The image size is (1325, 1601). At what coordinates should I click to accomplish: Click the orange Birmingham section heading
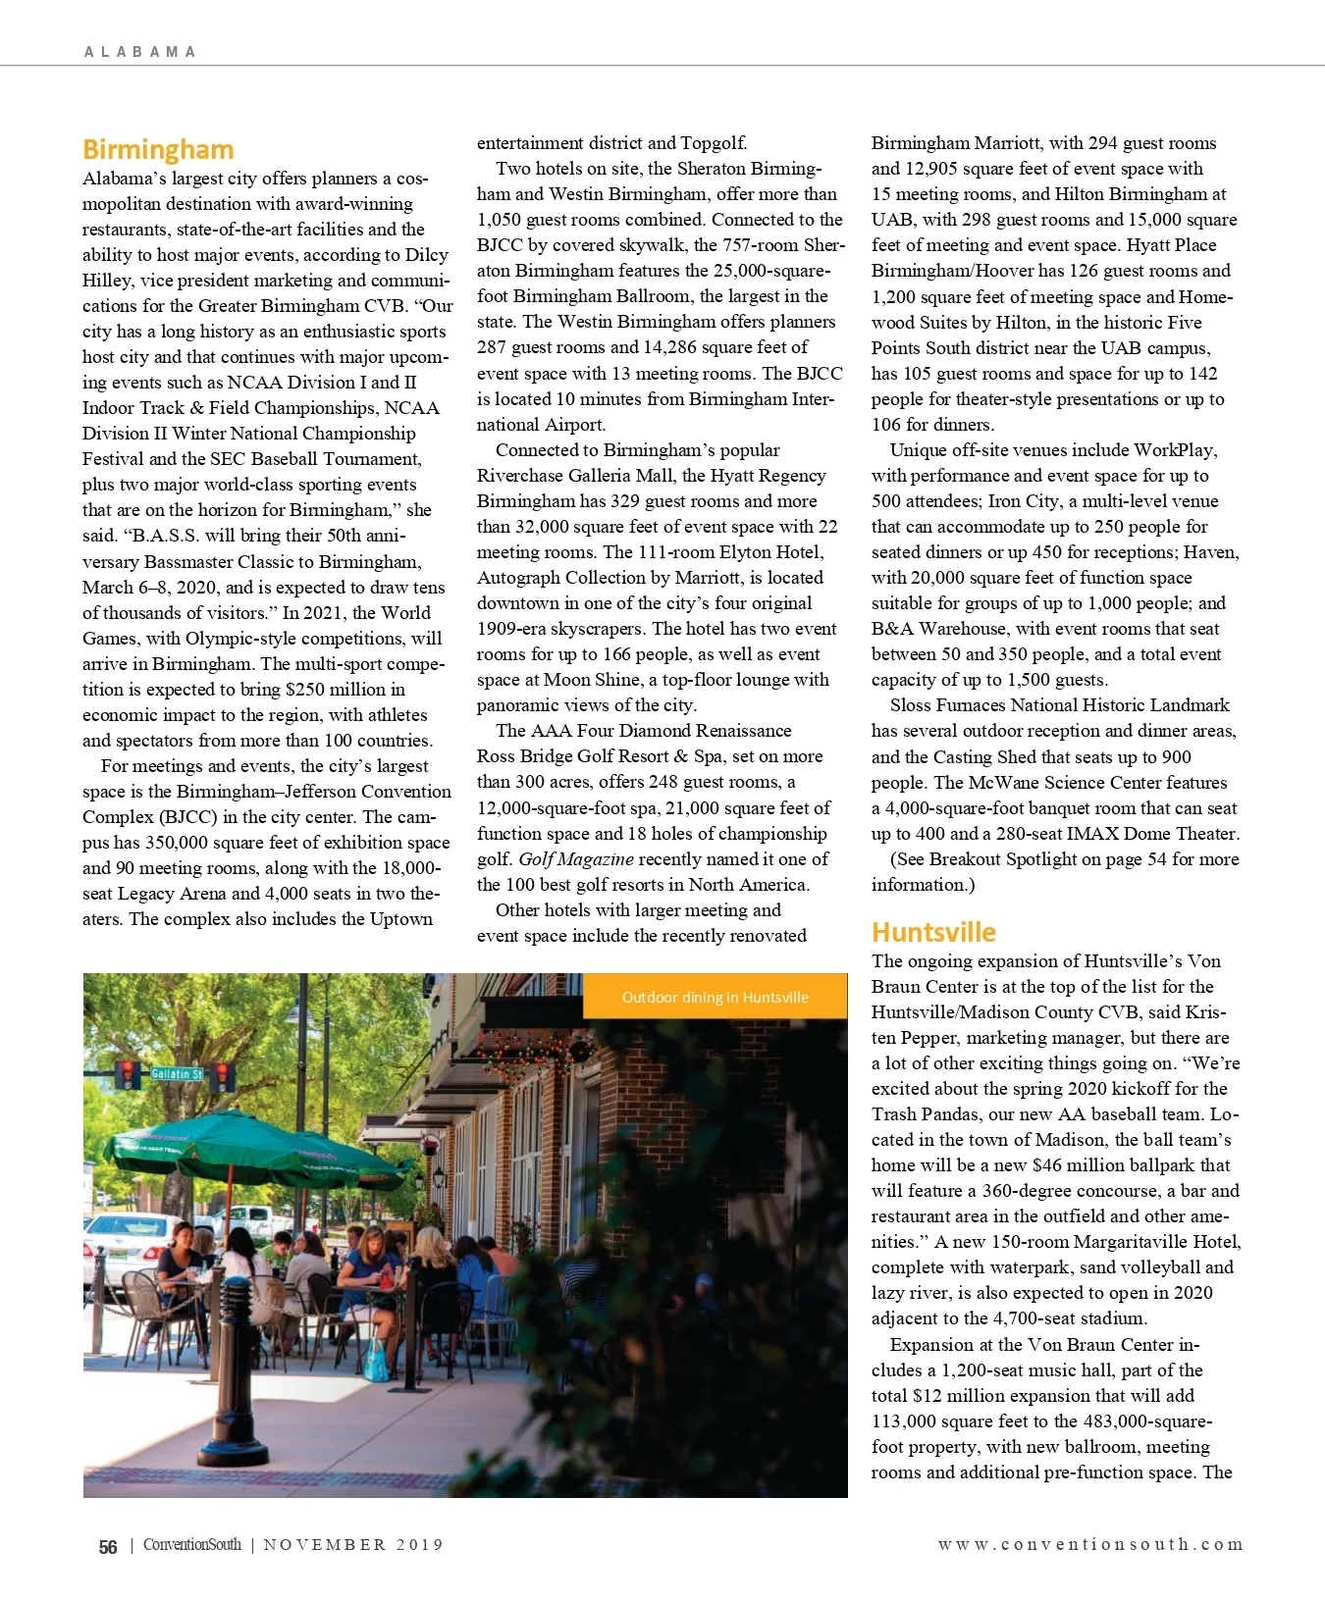[x=158, y=149]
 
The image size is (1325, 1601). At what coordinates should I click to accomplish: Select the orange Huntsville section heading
[x=932, y=932]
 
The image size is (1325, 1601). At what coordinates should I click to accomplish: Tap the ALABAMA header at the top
[x=139, y=52]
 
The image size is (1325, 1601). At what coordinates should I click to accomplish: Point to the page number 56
[x=108, y=1547]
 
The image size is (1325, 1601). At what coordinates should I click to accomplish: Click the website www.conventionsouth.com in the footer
[x=1089, y=1544]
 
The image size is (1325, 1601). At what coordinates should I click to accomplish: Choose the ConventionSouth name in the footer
[x=191, y=1545]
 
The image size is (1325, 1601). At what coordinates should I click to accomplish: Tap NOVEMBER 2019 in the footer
[x=353, y=1545]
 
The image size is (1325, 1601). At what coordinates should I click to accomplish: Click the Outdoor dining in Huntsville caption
[x=715, y=997]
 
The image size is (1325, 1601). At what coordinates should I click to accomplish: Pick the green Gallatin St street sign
[x=177, y=1074]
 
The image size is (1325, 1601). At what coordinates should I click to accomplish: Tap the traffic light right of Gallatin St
[x=222, y=1075]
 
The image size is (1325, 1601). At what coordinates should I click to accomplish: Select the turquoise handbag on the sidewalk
[x=376, y=1361]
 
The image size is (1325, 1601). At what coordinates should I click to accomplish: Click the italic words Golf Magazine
[x=576, y=859]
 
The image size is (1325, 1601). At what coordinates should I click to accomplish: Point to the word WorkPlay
[x=1175, y=450]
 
